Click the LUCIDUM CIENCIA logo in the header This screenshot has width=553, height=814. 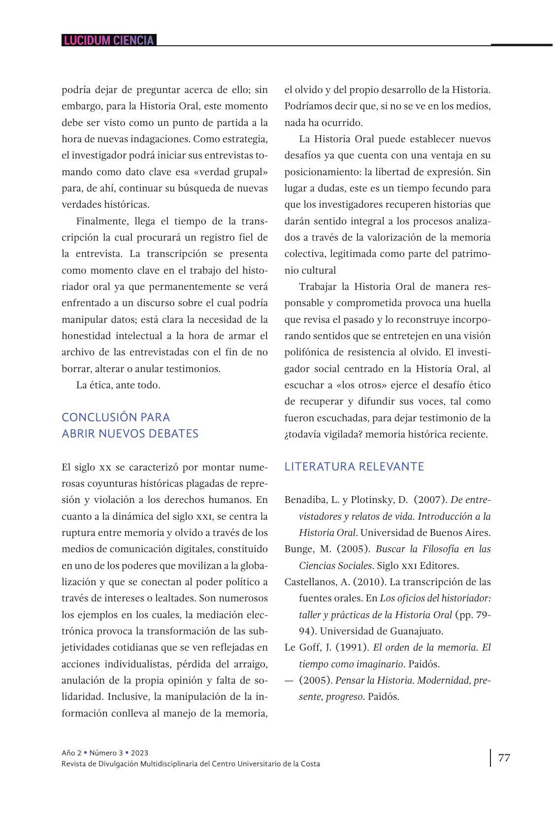(x=109, y=40)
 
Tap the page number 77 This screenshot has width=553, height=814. (x=504, y=757)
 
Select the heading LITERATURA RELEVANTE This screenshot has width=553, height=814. (x=354, y=467)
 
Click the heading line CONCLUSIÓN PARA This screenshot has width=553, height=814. (x=116, y=417)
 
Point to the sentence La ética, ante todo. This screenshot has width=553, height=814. (x=118, y=385)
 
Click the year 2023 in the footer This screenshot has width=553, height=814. (x=140, y=753)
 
